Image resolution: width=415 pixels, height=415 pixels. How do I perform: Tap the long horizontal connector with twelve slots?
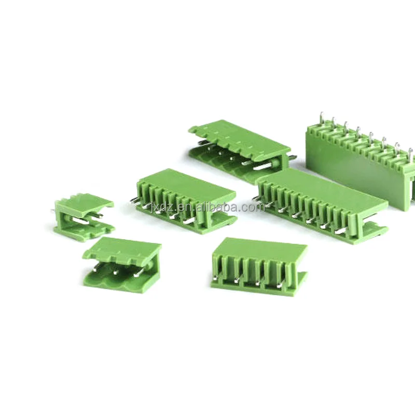coord(322,205)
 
